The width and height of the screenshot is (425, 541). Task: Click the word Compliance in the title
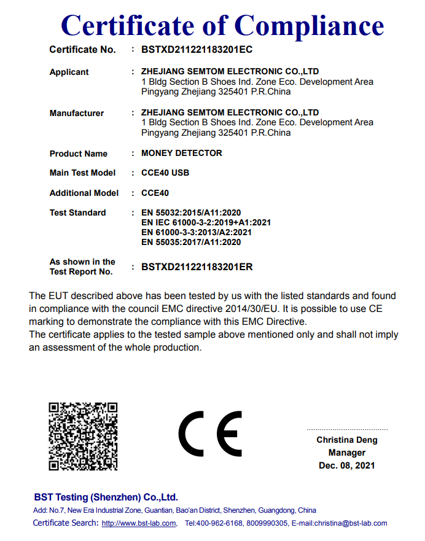(x=309, y=26)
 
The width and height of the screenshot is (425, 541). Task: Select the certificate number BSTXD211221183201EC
(x=197, y=50)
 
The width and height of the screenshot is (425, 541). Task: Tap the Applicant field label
(x=69, y=72)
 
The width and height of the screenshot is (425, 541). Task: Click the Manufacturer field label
(x=76, y=113)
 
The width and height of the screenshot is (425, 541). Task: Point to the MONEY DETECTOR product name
(x=181, y=153)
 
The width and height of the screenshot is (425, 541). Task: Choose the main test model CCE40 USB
(x=165, y=173)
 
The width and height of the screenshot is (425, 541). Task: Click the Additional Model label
(x=84, y=193)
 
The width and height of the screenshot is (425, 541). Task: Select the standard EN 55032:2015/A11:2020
(x=191, y=212)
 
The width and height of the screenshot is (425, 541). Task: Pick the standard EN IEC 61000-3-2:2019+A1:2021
(x=206, y=222)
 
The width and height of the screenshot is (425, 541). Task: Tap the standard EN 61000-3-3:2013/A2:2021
(x=196, y=232)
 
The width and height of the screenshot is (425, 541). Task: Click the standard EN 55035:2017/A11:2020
(x=191, y=242)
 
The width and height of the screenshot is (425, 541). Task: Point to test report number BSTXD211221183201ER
(x=197, y=267)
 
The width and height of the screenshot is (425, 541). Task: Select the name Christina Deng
(x=347, y=440)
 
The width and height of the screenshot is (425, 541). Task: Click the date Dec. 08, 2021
(x=347, y=465)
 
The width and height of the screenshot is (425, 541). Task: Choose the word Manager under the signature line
(x=347, y=453)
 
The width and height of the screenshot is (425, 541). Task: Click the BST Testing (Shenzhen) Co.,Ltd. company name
(x=106, y=497)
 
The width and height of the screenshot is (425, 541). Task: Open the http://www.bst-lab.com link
(x=139, y=523)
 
